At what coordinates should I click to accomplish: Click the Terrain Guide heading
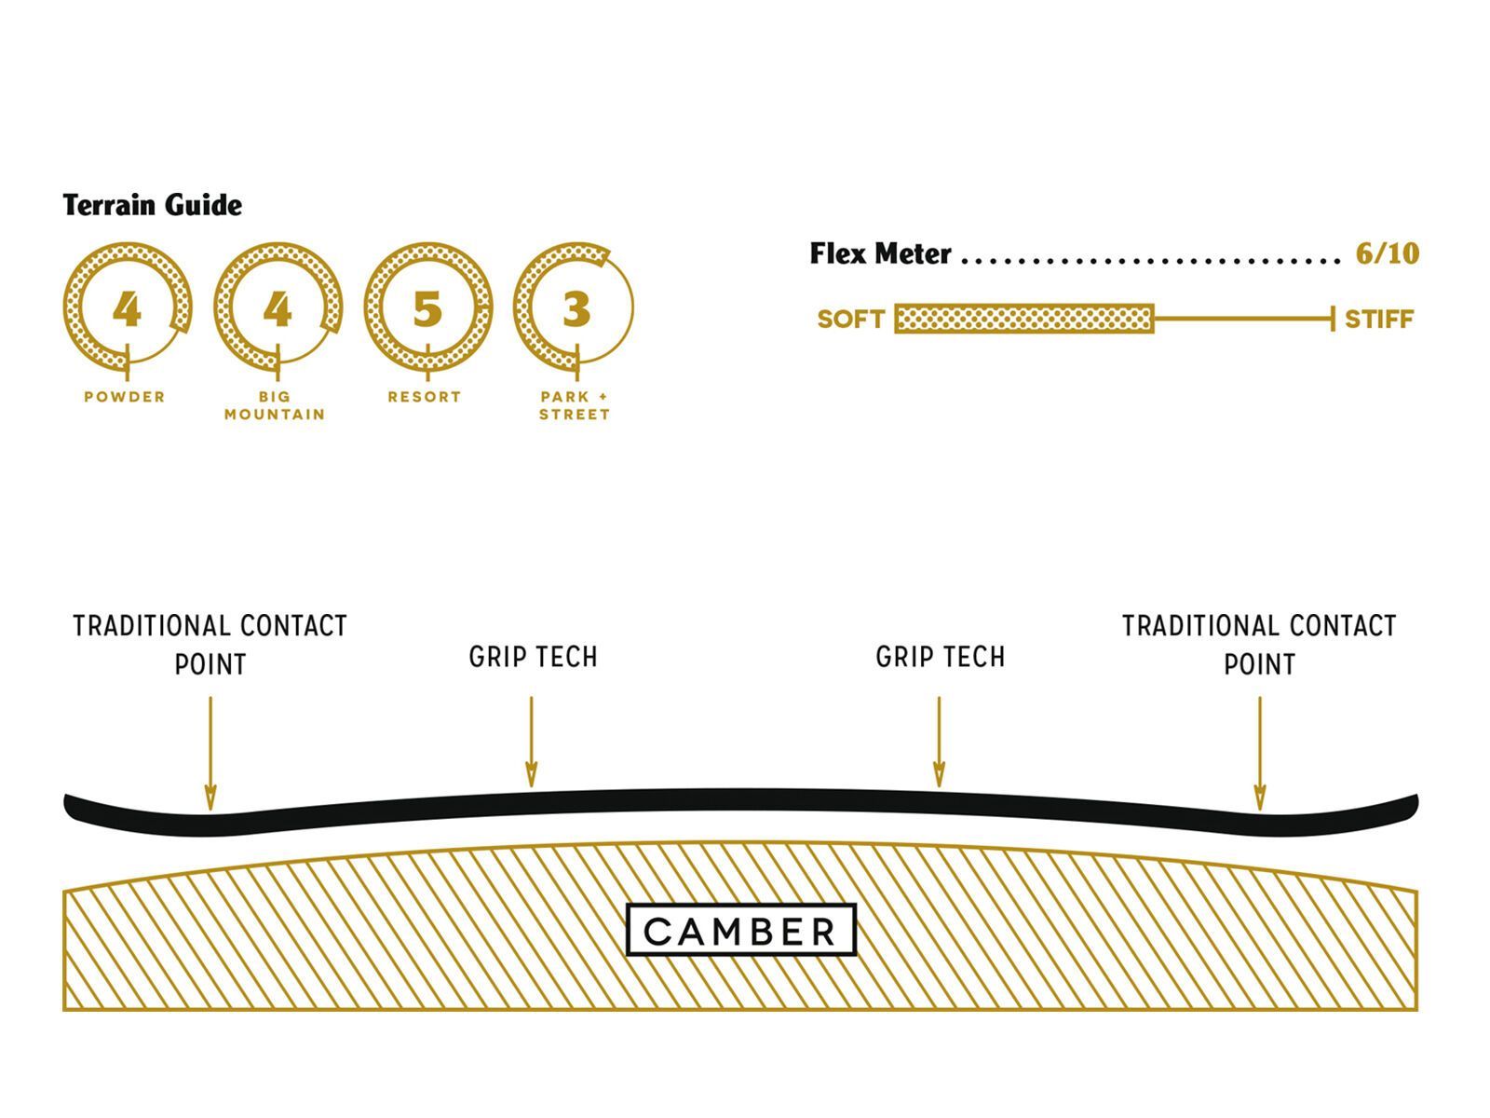[152, 205]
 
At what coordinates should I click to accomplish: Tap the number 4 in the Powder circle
[127, 309]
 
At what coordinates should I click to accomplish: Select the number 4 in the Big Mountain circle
[278, 309]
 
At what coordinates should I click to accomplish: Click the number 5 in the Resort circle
[427, 309]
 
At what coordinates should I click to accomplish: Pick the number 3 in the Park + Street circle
[576, 309]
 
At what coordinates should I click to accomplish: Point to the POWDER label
[125, 397]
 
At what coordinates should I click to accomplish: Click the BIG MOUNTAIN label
[275, 405]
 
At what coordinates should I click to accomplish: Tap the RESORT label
[425, 397]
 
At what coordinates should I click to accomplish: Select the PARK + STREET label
[575, 405]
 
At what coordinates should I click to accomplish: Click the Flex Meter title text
[880, 253]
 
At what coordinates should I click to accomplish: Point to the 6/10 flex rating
[1388, 253]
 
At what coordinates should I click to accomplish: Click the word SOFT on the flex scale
[850, 319]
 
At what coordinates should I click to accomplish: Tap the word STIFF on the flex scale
[1379, 319]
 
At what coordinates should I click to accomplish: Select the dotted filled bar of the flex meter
[1024, 319]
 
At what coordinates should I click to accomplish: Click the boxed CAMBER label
[740, 930]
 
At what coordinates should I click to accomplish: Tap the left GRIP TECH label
[533, 657]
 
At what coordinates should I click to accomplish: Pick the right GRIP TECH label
[941, 657]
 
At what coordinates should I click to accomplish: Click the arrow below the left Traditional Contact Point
[210, 754]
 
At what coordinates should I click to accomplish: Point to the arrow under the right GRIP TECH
[939, 742]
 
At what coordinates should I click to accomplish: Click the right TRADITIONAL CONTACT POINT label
[1259, 645]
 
